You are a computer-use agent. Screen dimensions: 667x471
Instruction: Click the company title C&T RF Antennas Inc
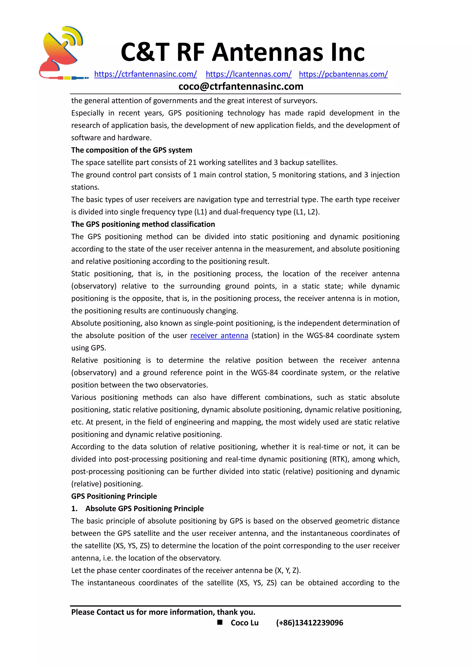tap(242, 52)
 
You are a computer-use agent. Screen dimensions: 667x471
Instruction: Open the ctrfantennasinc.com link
tap(146, 74)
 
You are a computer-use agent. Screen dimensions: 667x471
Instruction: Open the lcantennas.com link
tap(249, 74)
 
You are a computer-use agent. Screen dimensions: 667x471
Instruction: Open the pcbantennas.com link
tap(343, 74)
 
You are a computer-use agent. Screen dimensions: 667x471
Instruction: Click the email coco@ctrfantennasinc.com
tap(241, 86)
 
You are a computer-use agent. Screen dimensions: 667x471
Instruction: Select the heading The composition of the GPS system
tap(132, 150)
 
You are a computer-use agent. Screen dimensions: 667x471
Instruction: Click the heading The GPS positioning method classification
tap(143, 224)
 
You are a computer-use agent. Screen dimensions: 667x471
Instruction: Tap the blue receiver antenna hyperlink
tap(219, 336)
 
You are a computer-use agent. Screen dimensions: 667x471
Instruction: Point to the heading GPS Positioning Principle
tap(114, 496)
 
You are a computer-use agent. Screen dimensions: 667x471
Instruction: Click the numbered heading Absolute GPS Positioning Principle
tap(144, 509)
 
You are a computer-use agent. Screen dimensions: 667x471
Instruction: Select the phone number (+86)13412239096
tap(310, 623)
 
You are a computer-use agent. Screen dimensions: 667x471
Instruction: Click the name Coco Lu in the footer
tap(244, 623)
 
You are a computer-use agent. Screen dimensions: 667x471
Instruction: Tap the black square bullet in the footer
tap(220, 622)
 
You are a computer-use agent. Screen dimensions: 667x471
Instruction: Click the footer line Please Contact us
tap(163, 612)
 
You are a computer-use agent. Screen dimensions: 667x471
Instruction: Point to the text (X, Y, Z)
tap(287, 570)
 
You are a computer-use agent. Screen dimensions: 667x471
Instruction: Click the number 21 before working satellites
tap(192, 162)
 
